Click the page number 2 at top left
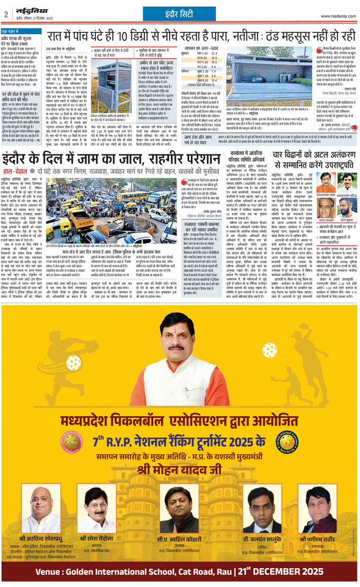(x=6, y=12)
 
